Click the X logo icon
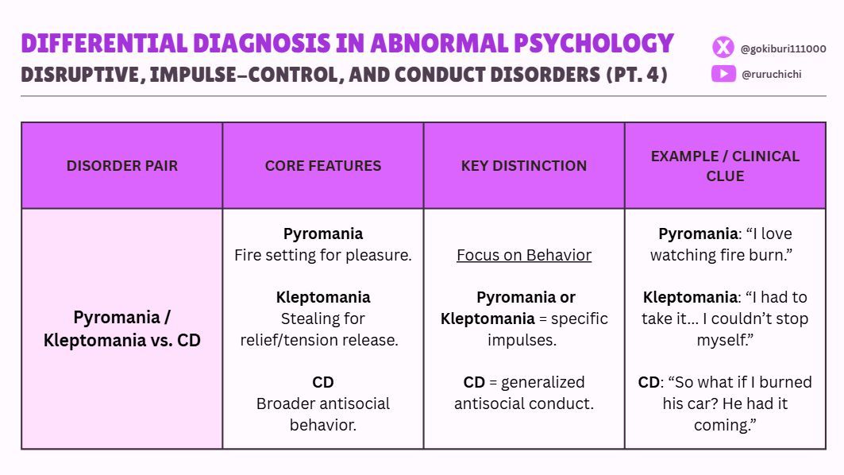723,48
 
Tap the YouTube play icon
723,74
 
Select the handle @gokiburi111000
783,49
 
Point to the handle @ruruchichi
771,74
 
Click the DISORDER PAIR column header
122,166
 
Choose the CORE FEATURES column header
323,166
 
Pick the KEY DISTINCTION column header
524,166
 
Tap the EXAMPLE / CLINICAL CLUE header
725,166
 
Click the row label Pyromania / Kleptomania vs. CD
122,329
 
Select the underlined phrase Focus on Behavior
524,255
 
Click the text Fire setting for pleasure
323,255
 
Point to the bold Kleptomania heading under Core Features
323,297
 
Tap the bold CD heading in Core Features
323,382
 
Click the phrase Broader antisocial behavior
323,414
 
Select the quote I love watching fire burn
723,245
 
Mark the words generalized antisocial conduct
524,393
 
